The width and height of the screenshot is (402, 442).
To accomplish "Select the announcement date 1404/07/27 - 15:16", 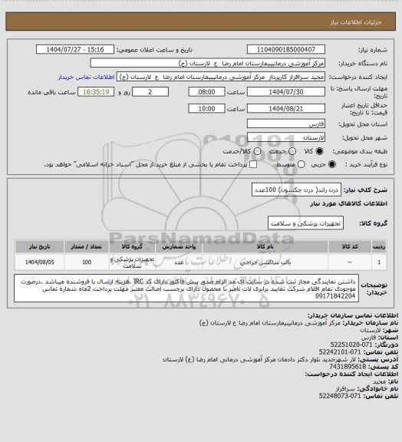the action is pyautogui.click(x=80, y=49).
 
